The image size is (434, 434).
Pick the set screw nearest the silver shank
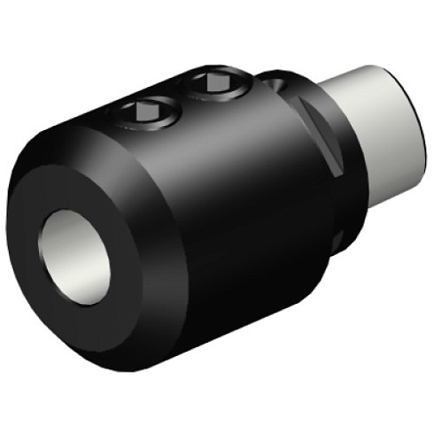click(216, 84)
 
